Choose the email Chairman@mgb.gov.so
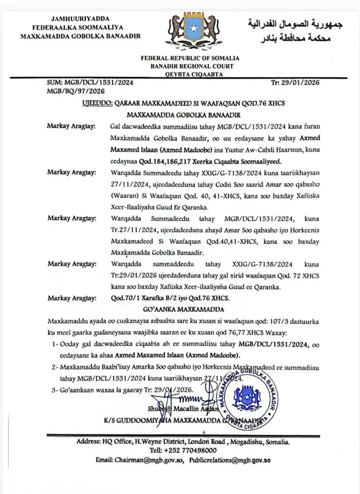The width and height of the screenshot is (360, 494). tap(150, 460)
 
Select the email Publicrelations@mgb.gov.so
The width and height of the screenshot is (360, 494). tap(230, 460)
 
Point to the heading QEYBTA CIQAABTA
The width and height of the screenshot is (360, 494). tap(192, 73)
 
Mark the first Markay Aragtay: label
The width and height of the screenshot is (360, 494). tap(70, 126)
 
